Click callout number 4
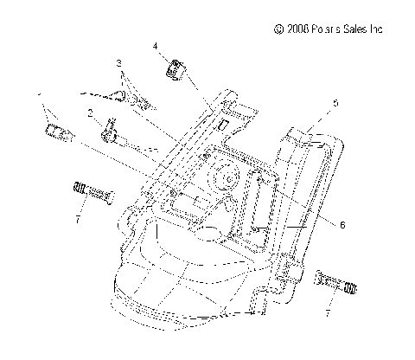156,45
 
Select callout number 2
90,112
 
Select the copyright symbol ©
278,29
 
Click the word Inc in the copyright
374,29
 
